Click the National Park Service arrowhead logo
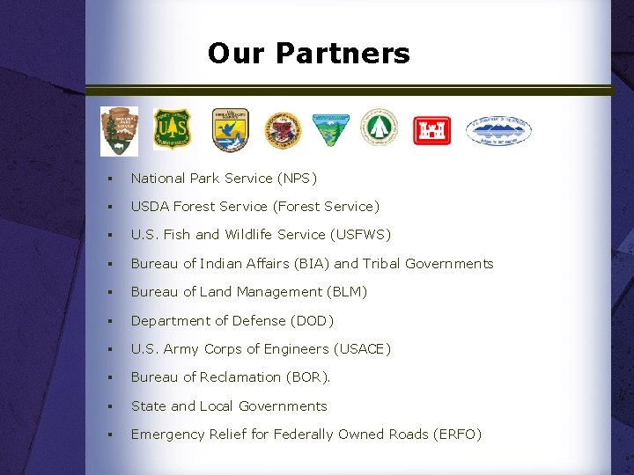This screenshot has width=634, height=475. [x=119, y=130]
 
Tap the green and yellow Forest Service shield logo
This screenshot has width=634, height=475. [x=172, y=129]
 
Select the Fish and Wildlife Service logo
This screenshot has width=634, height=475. [x=230, y=129]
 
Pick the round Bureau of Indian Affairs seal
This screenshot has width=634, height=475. [x=283, y=130]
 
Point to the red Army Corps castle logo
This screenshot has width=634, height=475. [x=431, y=130]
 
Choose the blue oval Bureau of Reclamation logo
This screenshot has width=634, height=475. [x=498, y=130]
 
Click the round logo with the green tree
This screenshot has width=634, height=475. [x=382, y=128]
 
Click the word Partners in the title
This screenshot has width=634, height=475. [x=343, y=54]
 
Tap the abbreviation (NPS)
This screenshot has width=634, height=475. [x=297, y=178]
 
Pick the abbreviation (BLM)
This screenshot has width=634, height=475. [x=347, y=292]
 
